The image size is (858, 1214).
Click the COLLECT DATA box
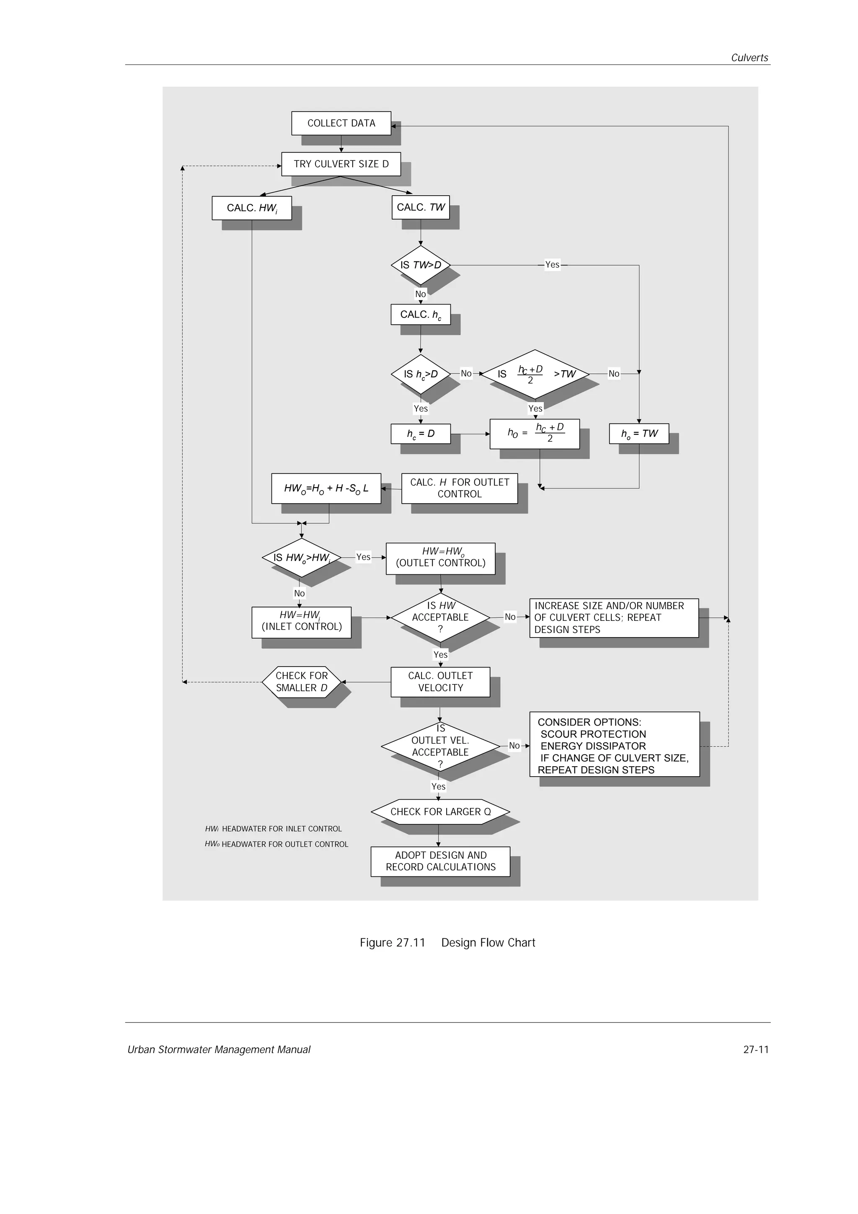point(341,123)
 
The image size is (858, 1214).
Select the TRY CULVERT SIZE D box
point(341,164)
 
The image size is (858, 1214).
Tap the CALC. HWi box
point(252,208)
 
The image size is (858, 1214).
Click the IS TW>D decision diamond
point(420,265)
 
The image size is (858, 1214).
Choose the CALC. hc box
point(420,315)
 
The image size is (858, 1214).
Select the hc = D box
point(420,434)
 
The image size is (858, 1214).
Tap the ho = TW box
point(638,434)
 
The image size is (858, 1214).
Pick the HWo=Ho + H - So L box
point(326,488)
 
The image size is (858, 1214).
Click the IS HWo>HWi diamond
point(301,557)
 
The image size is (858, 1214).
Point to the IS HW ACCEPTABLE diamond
point(440,617)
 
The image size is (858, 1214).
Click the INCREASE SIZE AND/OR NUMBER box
point(614,617)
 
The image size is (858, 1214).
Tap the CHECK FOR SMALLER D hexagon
point(301,682)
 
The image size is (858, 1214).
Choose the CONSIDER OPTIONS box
point(614,746)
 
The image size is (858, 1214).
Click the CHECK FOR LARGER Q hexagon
point(440,811)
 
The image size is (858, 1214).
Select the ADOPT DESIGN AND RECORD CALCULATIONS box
point(440,861)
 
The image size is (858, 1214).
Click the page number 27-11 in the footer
point(755,1049)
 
